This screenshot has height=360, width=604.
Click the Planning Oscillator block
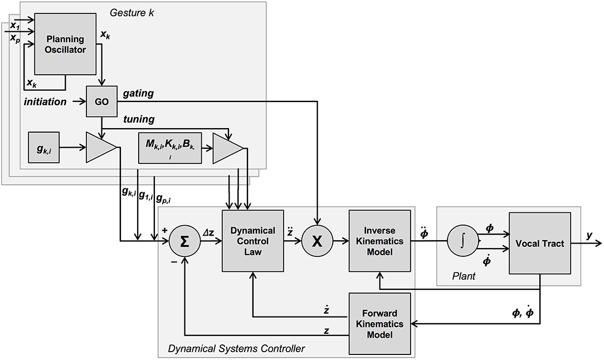tap(65, 43)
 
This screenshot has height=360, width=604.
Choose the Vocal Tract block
tap(539, 244)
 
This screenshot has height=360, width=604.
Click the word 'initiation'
tap(45, 103)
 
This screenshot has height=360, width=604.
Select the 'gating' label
tap(138, 94)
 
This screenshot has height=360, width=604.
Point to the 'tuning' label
tap(138, 119)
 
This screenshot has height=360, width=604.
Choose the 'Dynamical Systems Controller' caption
tap(236, 349)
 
